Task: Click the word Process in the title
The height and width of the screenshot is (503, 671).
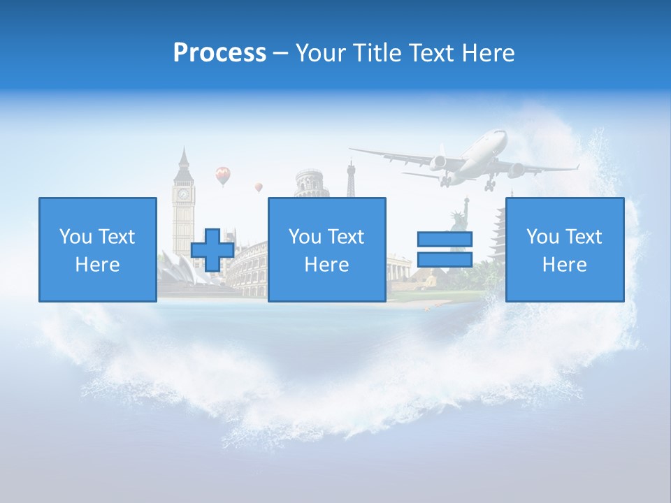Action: [219, 52]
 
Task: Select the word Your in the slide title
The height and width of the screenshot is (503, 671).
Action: [322, 53]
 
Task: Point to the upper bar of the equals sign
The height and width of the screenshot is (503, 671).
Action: [445, 240]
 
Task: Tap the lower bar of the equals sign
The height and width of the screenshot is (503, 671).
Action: [445, 260]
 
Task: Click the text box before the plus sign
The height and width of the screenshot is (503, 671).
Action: [97, 250]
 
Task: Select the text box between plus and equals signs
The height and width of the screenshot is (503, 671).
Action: [326, 250]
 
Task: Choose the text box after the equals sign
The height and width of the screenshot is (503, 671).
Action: [564, 250]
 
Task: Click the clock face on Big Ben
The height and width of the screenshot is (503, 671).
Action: [183, 194]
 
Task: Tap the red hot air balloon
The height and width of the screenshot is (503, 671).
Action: [222, 175]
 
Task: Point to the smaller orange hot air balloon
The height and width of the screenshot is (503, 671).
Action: [259, 187]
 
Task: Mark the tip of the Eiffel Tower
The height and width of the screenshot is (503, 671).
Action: [351, 163]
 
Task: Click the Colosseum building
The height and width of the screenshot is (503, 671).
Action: [249, 269]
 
